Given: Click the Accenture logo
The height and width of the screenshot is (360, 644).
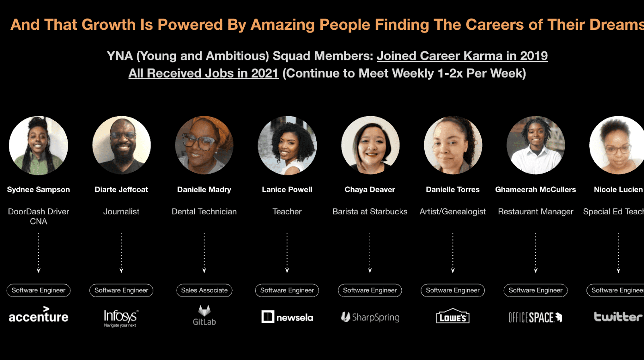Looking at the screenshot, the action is (39, 314).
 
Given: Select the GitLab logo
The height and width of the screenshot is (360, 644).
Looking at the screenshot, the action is (204, 315).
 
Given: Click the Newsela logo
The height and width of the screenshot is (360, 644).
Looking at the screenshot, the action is (287, 317).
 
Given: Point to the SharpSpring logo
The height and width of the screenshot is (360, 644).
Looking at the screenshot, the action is (370, 317).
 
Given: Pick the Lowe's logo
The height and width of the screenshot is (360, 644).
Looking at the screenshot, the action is (453, 316).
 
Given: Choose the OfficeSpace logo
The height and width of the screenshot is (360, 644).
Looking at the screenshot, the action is (535, 317).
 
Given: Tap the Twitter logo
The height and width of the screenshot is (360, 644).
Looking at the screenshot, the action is (618, 317).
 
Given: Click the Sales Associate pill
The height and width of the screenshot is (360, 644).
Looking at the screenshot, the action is (204, 290).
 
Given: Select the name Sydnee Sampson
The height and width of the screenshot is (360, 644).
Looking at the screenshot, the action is (39, 189).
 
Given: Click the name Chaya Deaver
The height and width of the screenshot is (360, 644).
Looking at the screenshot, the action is (370, 189).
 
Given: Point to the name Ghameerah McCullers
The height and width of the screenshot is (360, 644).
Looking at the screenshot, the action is (536, 189).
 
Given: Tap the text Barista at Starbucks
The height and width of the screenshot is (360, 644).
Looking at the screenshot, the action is (370, 212).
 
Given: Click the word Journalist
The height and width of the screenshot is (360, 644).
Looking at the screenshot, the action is (121, 212).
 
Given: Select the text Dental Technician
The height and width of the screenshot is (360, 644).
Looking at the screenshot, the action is (204, 212).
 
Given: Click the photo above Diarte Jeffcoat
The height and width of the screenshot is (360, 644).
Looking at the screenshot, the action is (121, 145).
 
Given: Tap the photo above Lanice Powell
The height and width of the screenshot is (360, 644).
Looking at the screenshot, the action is (287, 145).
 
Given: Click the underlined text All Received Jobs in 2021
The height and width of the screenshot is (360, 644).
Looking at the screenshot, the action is (204, 73).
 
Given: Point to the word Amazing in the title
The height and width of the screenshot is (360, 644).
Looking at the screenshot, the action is (283, 25).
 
